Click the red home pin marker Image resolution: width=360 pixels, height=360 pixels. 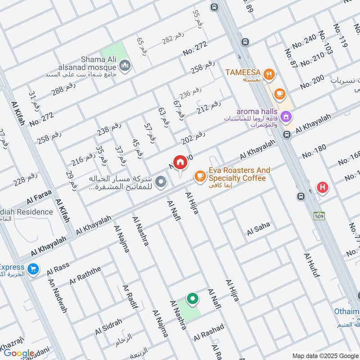(180, 163)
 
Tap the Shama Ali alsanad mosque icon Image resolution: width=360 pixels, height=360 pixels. (126, 66)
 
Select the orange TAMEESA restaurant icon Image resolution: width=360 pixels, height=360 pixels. (269, 75)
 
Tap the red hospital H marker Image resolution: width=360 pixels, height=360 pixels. (322, 188)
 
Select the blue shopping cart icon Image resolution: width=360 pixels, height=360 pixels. (32, 269)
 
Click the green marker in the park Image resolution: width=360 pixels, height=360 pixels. (193, 299)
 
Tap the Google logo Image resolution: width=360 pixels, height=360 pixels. (19, 354)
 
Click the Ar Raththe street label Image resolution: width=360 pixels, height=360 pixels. (85, 276)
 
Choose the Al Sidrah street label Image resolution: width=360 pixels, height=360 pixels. (108, 327)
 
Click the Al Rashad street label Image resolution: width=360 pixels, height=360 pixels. (209, 333)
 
